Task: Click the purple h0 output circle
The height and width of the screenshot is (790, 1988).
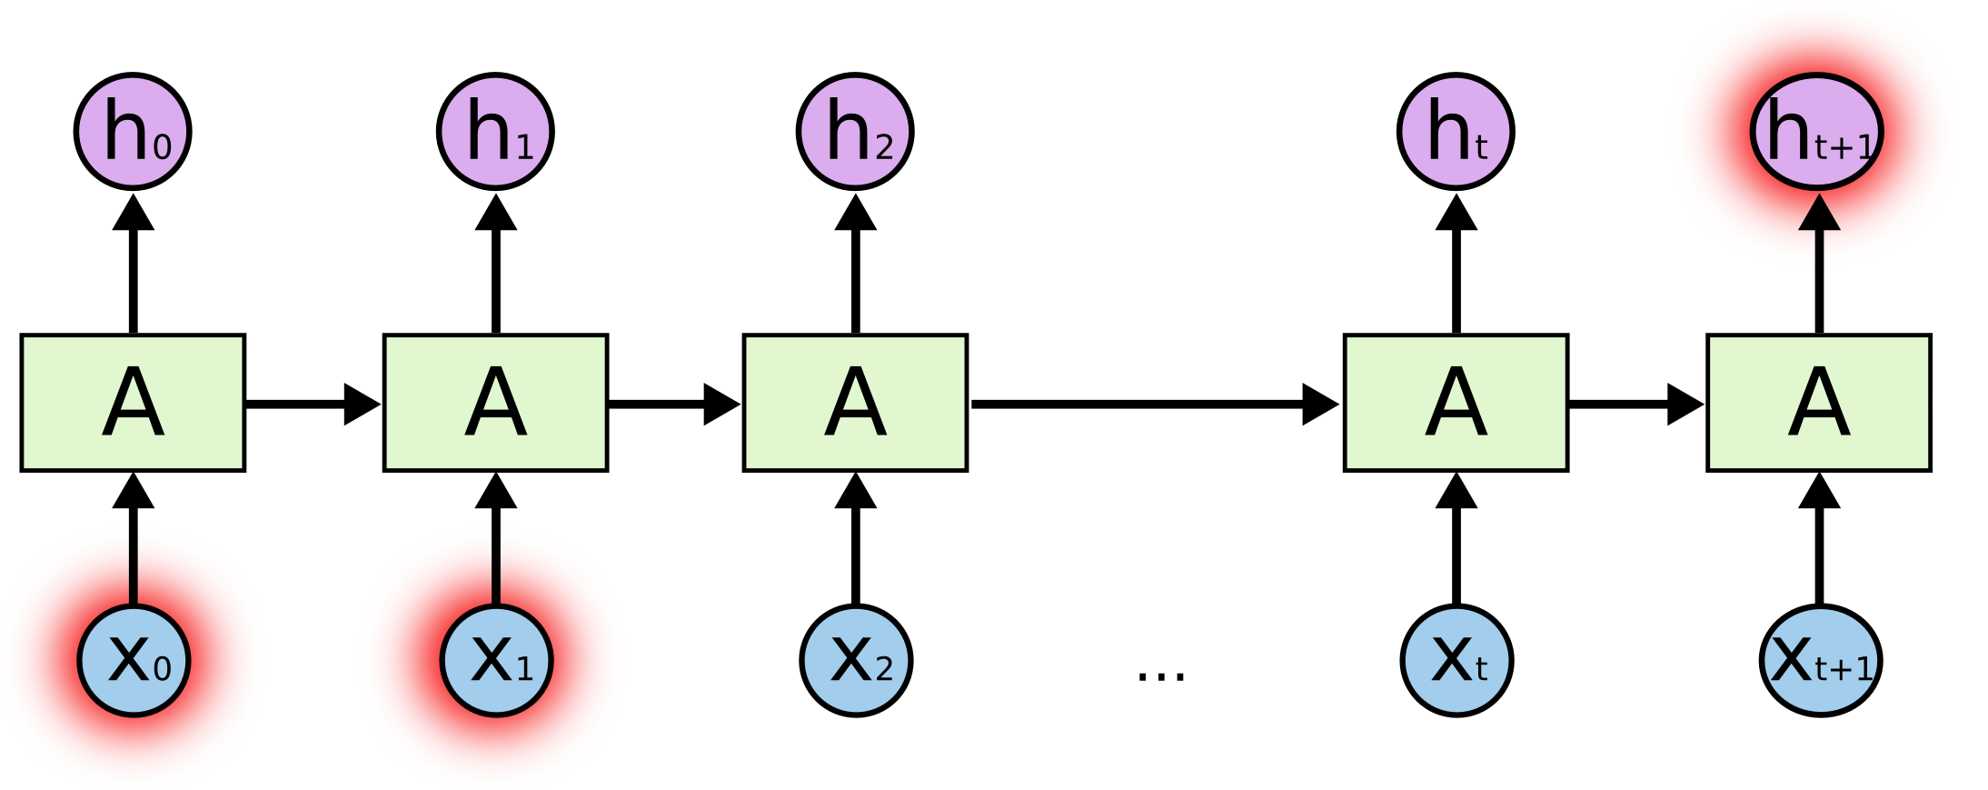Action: [133, 132]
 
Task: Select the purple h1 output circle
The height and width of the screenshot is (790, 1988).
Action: [495, 132]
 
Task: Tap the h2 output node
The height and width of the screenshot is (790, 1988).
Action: [855, 132]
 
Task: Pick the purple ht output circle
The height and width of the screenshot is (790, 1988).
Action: [1456, 132]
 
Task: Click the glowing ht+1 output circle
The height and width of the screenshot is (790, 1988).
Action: [1817, 132]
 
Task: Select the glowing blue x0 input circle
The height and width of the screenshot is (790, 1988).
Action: [134, 660]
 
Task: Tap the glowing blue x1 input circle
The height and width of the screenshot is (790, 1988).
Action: [496, 660]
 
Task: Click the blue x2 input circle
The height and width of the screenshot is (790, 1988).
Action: [856, 660]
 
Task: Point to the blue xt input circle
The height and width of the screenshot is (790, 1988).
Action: [1456, 660]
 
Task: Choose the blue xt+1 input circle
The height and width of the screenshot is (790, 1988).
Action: [1820, 660]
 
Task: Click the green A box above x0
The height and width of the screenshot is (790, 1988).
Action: [133, 403]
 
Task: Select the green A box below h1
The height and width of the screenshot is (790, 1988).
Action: [495, 403]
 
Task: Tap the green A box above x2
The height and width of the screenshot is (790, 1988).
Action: [855, 403]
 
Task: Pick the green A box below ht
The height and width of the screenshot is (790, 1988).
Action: [1456, 403]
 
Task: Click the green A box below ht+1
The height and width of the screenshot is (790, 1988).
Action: [1818, 403]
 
